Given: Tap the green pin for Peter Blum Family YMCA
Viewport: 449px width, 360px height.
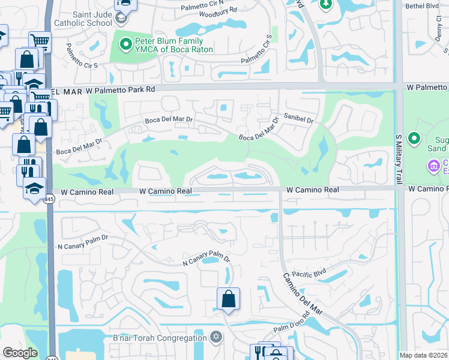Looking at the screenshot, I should pos(126,43).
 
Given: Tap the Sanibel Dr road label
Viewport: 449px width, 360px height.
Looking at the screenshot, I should pos(299,120).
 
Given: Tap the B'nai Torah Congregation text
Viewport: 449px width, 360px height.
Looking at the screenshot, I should pos(160,338).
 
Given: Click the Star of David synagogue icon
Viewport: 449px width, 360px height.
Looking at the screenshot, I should pos(216,337).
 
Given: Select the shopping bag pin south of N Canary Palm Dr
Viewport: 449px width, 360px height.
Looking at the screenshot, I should pos(229,299).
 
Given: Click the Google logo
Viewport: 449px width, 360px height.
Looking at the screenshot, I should pos(20,353).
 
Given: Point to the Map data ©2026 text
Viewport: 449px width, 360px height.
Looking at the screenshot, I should pos(423,355).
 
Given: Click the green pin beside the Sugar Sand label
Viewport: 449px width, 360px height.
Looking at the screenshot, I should pos(414,139).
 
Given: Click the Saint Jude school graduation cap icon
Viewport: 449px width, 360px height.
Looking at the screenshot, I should pos(121,18).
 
